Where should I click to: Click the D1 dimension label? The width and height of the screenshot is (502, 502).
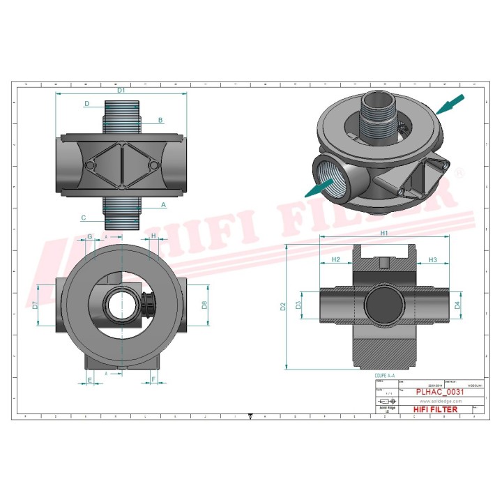click(121, 90)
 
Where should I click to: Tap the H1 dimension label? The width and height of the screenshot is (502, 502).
click(384, 234)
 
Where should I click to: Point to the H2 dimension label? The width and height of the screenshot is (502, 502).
click(336, 259)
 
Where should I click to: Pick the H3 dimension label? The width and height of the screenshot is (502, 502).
click(432, 259)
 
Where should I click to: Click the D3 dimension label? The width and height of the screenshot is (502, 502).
click(299, 305)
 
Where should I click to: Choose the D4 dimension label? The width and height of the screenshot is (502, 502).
click(457, 305)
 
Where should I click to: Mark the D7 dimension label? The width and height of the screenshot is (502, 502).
click(36, 305)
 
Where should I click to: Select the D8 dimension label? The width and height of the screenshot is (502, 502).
click(204, 305)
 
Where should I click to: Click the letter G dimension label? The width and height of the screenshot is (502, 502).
click(90, 236)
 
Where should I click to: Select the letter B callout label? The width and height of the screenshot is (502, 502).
click(160, 121)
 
